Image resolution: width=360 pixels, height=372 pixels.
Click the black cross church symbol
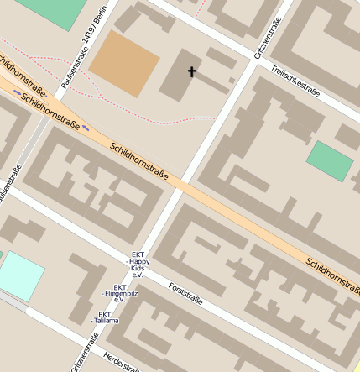click(x=191, y=72)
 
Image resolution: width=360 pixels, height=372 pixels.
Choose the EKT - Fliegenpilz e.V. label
click(x=119, y=294)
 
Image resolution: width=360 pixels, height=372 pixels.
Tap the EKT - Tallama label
click(x=107, y=317)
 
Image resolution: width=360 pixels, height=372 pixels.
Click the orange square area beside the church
click(x=124, y=64)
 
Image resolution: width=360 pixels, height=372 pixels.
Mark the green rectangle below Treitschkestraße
click(x=330, y=161)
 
